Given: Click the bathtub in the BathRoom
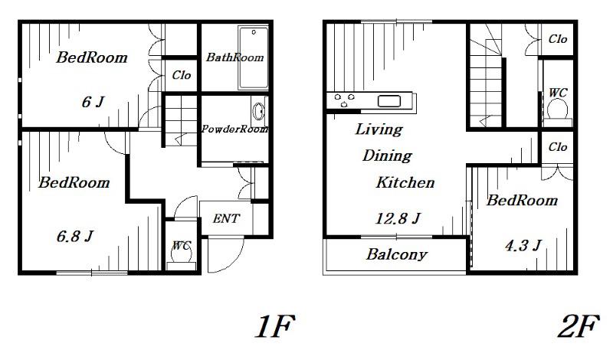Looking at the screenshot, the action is point(254,58).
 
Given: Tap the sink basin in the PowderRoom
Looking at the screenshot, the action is point(258,111).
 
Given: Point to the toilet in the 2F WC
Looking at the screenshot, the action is point(558,112).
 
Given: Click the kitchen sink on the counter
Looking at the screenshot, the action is point(389,101).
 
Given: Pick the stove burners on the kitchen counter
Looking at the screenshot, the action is point(344,100).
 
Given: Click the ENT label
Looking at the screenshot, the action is point(226,218).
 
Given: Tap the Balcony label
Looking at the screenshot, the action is point(396,254).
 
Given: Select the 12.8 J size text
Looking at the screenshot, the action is point(398,218).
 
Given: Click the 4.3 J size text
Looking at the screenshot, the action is point(523,245).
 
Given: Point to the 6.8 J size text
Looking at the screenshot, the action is point(74,236).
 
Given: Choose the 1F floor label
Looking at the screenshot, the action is point(274,326).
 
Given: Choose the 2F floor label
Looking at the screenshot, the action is point(579,326).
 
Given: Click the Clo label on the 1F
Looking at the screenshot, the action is point(182,74).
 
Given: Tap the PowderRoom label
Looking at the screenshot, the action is point(234,129).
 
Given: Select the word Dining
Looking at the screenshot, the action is point(387,155).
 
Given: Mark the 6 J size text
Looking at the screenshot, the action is point(93,102).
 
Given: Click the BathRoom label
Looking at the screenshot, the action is point(234,57).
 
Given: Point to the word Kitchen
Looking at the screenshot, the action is point(405,182).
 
